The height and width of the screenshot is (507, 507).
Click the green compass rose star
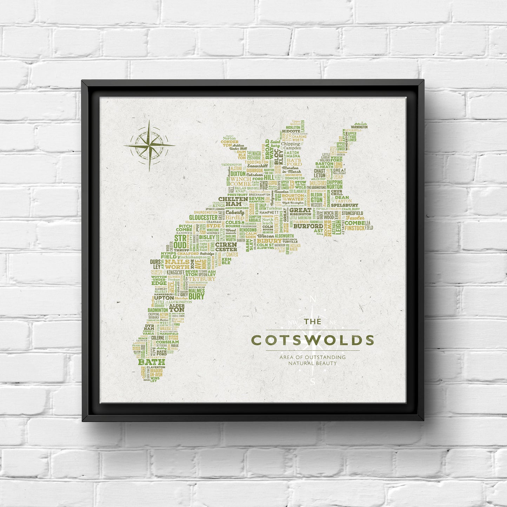pyautogui.click(x=149, y=145)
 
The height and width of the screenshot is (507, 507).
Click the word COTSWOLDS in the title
pyautogui.click(x=313, y=340)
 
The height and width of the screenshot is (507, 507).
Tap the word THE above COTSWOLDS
pyautogui.click(x=312, y=321)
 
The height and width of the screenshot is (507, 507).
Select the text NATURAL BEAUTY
pyautogui.click(x=312, y=363)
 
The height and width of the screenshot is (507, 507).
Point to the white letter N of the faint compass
pyautogui.click(x=313, y=299)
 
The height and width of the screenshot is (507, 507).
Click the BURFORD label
pyautogui.click(x=308, y=226)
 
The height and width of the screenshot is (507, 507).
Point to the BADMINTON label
pyautogui.click(x=158, y=310)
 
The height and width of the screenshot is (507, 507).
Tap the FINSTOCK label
pyautogui.click(x=354, y=228)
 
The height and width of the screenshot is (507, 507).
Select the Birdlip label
pyautogui.click(x=234, y=218)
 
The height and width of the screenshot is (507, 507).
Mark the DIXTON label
pyautogui.click(x=238, y=173)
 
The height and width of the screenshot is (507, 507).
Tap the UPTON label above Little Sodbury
pyautogui.click(x=164, y=298)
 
